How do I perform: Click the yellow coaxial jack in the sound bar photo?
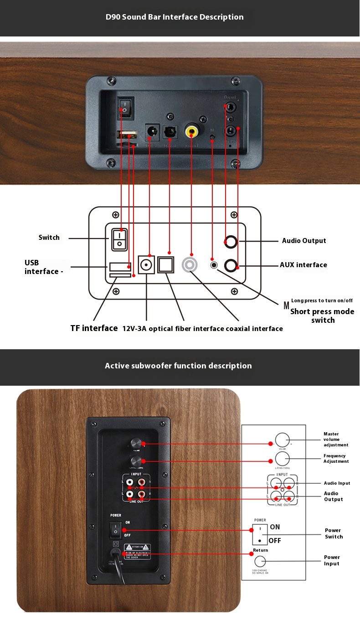191,131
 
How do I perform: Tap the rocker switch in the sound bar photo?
123,106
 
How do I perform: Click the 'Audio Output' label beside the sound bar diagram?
304,241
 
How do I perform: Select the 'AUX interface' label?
303,265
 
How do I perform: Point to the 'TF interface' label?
94,328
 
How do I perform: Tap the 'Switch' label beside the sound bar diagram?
49,238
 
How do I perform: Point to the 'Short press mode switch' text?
323,316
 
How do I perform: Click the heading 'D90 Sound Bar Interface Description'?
175,17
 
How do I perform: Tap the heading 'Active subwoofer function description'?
178,366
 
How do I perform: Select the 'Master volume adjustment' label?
336,440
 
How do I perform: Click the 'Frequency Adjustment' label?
336,459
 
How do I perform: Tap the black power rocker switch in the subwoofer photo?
116,530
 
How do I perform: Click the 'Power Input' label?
332,560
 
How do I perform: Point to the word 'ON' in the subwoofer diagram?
275,527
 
